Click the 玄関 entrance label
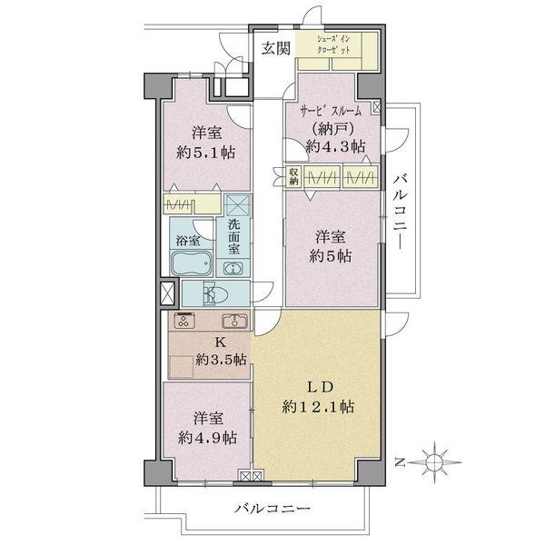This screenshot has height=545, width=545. (x=277, y=49)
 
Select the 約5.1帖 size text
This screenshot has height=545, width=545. (x=205, y=151)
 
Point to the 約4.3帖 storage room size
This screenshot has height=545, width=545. (x=336, y=145)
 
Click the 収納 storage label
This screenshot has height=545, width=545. (x=294, y=176)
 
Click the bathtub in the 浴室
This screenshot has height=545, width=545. (x=191, y=264)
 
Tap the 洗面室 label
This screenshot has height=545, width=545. (x=234, y=238)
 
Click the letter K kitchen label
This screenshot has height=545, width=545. (x=219, y=342)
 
